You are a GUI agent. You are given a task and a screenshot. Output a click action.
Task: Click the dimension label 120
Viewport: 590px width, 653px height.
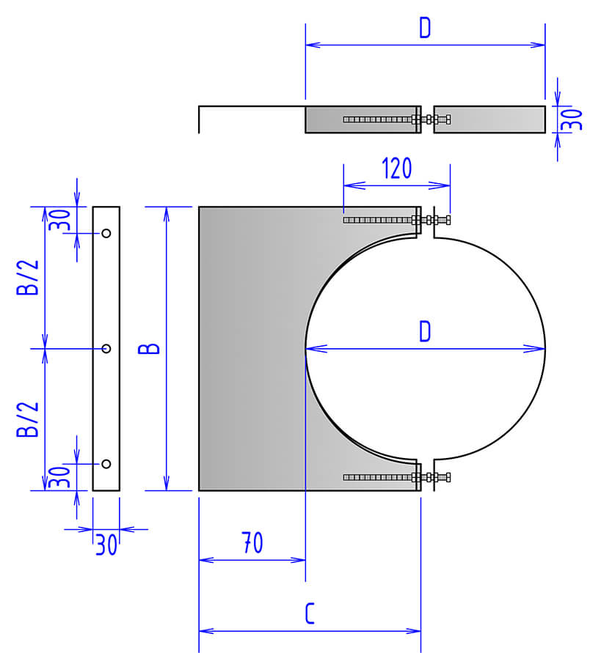coord(396,169)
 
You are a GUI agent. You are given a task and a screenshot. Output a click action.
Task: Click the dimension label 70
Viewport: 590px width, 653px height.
coord(252,543)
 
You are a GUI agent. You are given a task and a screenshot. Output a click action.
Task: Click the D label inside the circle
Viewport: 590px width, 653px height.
coord(425,332)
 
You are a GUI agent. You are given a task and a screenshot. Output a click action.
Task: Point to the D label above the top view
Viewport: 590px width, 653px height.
coord(425,28)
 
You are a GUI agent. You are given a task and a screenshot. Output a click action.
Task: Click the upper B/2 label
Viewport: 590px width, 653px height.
coord(27,278)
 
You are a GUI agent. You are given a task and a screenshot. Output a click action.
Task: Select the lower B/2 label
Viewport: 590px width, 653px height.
coord(27,418)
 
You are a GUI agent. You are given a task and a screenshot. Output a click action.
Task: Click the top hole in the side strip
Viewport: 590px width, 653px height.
coord(106,234)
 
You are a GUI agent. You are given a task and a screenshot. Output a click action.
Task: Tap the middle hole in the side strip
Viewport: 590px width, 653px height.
coord(106,349)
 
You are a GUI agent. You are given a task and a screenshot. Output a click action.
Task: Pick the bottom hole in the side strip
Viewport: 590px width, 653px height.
coord(106,464)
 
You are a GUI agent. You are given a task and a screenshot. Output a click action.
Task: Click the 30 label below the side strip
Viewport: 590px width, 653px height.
coord(106,545)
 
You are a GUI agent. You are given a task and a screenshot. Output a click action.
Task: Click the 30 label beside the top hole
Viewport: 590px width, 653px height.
coord(59,220)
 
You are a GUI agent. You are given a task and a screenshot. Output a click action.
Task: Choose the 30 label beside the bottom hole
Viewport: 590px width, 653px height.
coord(59,478)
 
